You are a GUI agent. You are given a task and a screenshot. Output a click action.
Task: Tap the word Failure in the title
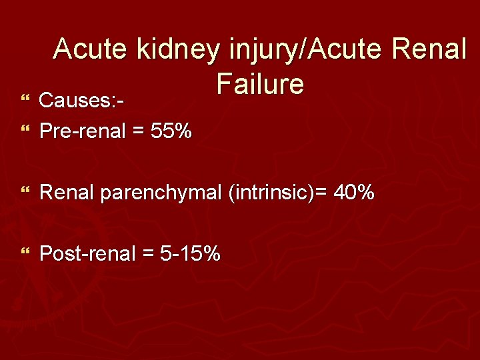[x=260, y=85]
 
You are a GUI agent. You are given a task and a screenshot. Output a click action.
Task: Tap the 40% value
[x=354, y=193]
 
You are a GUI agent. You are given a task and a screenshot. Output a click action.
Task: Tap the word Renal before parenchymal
[x=67, y=193]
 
